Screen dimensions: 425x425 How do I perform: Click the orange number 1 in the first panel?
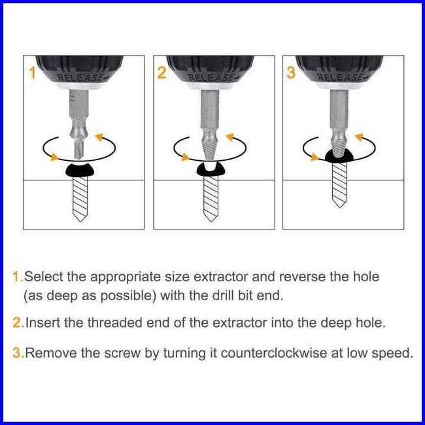[x=33, y=73]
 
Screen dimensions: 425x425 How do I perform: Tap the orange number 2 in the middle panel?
[x=161, y=73]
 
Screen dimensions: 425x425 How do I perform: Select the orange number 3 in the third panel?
[x=291, y=73]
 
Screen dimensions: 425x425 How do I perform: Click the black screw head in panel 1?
[x=80, y=170]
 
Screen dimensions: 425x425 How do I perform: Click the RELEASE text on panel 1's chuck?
[x=79, y=78]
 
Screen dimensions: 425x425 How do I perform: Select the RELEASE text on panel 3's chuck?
[x=339, y=77]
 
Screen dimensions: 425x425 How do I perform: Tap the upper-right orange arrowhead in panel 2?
[x=230, y=137]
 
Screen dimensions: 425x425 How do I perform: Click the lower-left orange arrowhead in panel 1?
[x=54, y=157]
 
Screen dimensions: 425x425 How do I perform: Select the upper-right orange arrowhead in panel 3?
[x=360, y=137]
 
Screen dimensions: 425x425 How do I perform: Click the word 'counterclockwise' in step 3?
[x=274, y=353]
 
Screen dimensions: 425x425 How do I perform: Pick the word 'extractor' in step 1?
[x=220, y=277]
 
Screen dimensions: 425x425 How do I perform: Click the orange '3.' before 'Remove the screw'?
[x=18, y=353]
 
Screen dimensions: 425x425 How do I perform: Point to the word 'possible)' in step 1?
[x=128, y=296]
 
